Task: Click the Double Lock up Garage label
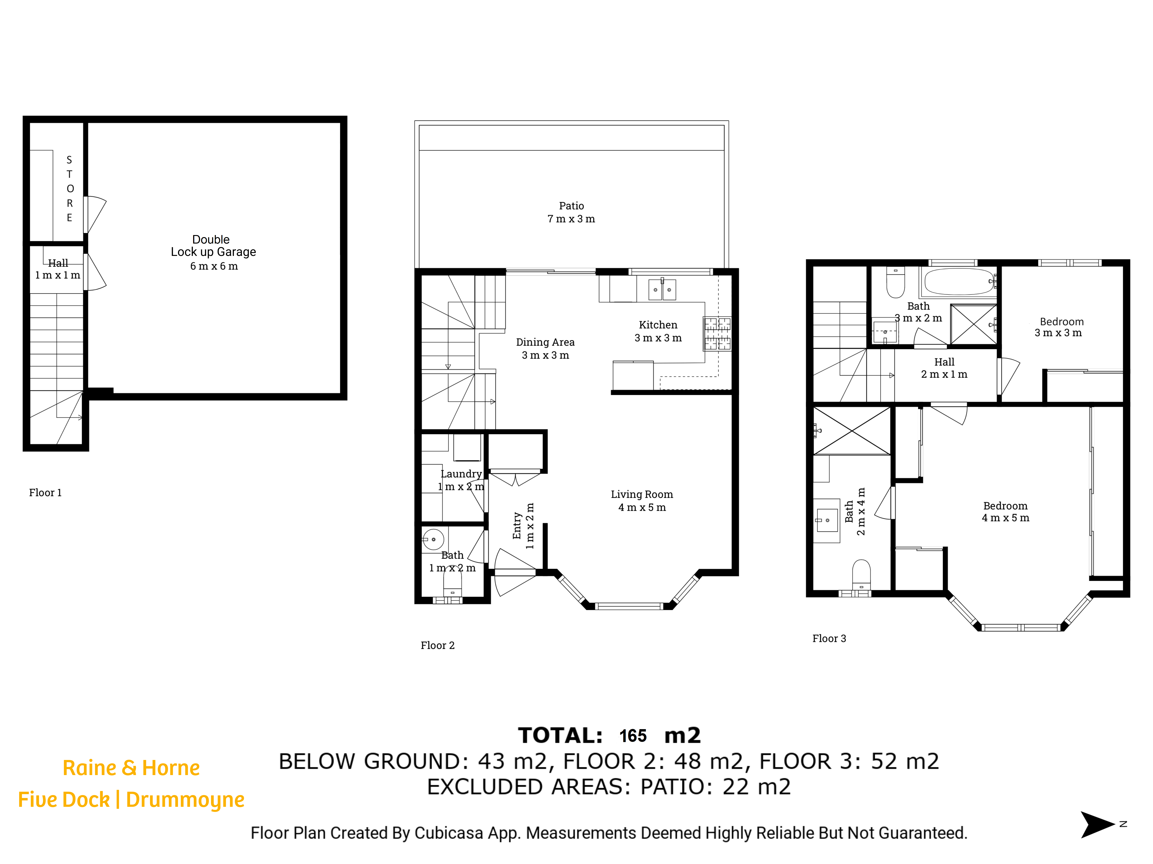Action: click(213, 252)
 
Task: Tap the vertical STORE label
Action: click(69, 189)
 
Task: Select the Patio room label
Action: click(571, 212)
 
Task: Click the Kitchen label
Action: click(658, 331)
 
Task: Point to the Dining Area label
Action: click(545, 348)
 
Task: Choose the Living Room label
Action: click(642, 501)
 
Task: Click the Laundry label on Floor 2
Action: click(461, 480)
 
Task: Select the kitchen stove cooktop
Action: click(717, 334)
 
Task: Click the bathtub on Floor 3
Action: click(959, 282)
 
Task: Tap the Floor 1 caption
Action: click(45, 493)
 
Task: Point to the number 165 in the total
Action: click(633, 736)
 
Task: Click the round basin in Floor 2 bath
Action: click(433, 539)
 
